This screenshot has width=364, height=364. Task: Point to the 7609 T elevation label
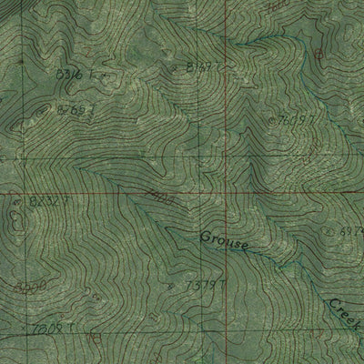(296, 119)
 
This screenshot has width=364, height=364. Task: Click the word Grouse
(224, 241)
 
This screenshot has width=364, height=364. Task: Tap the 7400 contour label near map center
(157, 197)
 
